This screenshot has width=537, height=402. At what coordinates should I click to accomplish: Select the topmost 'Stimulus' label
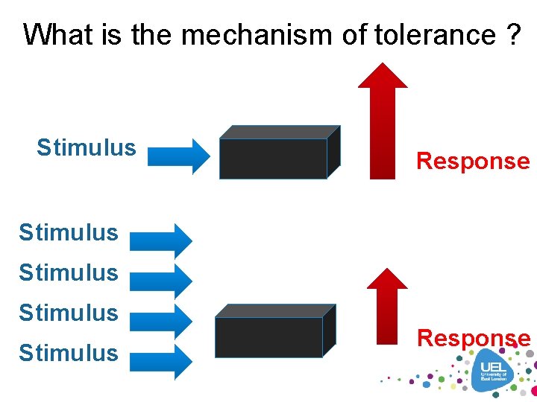click(x=87, y=147)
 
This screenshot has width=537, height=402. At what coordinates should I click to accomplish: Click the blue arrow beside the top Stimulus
click(x=179, y=156)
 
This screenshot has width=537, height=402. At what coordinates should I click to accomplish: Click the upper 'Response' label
click(x=473, y=161)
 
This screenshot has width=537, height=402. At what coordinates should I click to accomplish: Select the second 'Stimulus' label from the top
click(x=69, y=232)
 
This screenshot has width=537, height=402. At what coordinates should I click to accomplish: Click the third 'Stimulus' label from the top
click(x=69, y=272)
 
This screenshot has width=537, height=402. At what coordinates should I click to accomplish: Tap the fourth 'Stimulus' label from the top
click(x=69, y=313)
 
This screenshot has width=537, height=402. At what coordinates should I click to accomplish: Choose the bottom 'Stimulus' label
click(x=69, y=353)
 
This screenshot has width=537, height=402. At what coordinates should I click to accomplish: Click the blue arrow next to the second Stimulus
click(x=161, y=240)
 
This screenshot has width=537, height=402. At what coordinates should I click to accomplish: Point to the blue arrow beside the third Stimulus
click(x=161, y=281)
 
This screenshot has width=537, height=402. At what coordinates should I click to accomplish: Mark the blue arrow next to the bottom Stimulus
click(x=161, y=363)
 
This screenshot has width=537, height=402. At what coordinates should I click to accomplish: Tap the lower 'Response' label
click(x=474, y=338)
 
